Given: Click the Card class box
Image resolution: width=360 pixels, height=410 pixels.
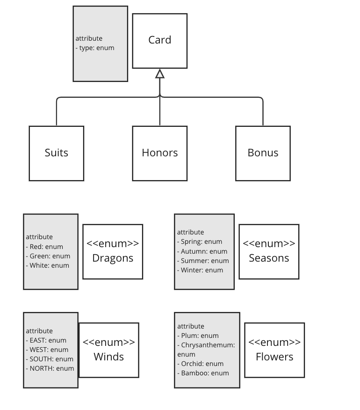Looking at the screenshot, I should pyautogui.click(x=159, y=41).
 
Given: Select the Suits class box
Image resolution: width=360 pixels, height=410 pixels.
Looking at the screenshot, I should pyautogui.click(x=57, y=153).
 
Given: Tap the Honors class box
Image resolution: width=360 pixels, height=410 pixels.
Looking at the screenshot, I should pyautogui.click(x=160, y=153).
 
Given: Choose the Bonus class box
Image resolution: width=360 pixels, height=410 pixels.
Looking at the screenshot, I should pyautogui.click(x=263, y=153).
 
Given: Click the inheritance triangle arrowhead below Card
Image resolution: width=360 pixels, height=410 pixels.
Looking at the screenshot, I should pyautogui.click(x=160, y=74).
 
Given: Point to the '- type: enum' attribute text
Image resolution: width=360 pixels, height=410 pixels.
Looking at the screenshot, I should pyautogui.click(x=95, y=48).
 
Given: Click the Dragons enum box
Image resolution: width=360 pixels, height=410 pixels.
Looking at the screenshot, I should pyautogui.click(x=113, y=251).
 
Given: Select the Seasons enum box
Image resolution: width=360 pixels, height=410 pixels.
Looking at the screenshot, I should pyautogui.click(x=269, y=251).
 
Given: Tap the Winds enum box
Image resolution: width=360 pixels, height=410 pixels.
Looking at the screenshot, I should pyautogui.click(x=109, y=350).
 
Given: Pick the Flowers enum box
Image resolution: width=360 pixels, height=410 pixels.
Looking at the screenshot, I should pyautogui.click(x=274, y=350).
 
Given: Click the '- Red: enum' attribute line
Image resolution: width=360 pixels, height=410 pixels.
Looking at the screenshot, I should pyautogui.click(x=44, y=247).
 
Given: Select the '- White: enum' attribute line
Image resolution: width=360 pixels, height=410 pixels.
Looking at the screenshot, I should pyautogui.click(x=47, y=265).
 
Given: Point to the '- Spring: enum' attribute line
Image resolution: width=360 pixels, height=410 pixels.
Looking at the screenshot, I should pyautogui.click(x=200, y=242).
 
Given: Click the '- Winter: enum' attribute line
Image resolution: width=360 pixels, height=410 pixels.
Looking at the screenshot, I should pyautogui.click(x=200, y=270).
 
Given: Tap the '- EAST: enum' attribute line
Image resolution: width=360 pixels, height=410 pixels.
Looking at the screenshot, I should pyautogui.click(x=46, y=340).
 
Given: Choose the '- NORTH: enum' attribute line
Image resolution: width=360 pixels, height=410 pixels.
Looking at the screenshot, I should pyautogui.click(x=50, y=368).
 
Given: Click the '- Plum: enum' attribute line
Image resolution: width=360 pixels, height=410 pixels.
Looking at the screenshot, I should pyautogui.click(x=198, y=336).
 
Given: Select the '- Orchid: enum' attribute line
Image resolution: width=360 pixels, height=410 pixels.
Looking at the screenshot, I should pyautogui.click(x=200, y=364).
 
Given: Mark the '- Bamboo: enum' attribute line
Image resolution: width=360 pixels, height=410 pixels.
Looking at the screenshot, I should pyautogui.click(x=203, y=373).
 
